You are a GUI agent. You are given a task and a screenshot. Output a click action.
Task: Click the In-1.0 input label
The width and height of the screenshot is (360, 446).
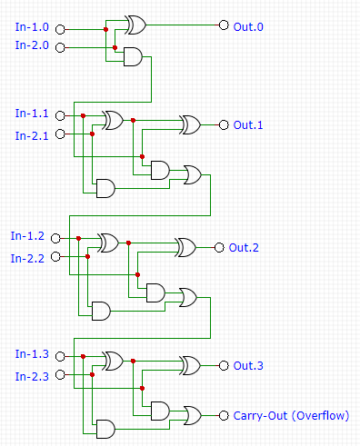[33, 26]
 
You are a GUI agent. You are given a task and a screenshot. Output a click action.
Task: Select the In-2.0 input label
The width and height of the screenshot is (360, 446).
[33, 45]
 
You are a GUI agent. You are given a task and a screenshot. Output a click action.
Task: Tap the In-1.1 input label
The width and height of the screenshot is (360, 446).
[33, 114]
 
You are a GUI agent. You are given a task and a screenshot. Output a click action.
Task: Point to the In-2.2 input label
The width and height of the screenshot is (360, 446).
[28, 258]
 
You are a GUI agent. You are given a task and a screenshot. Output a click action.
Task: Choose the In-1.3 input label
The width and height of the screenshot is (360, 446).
[33, 353]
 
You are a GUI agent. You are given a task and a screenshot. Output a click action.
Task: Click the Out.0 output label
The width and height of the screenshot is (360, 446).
[248, 27]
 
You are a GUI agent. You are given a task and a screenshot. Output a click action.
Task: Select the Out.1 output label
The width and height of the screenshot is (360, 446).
[248, 125]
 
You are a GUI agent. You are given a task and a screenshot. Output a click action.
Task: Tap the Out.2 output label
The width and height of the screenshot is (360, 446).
[244, 247]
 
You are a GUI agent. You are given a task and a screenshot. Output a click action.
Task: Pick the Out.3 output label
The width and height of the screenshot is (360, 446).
[248, 366]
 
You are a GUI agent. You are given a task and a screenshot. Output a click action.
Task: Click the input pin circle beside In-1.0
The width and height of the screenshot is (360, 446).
[61, 27]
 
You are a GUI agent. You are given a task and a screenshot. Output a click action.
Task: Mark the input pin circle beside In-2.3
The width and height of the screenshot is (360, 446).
[61, 375]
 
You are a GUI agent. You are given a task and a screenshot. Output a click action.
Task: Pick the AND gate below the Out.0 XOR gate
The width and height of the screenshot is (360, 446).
[133, 57]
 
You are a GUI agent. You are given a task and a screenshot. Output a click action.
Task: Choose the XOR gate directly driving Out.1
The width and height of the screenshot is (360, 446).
[192, 124]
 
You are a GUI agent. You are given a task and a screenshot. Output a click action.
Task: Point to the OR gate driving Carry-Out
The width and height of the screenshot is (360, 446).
[194, 415]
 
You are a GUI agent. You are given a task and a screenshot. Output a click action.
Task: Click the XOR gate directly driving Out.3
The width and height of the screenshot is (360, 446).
[192, 365]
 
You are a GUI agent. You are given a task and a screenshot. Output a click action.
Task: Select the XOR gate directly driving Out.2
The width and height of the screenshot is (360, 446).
[186, 247]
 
